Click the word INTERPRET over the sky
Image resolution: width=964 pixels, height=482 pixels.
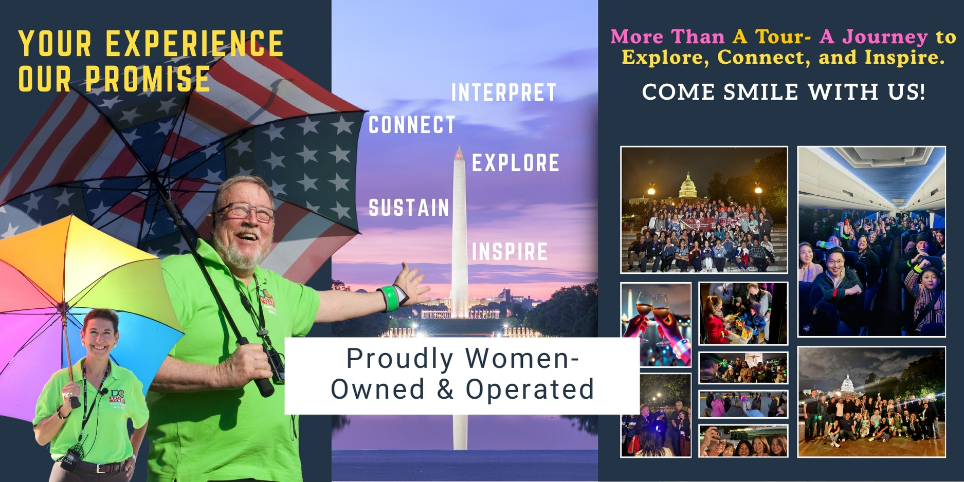point(504,93)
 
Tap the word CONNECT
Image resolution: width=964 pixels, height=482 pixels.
point(412,125)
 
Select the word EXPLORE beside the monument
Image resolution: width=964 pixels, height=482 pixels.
point(516,163)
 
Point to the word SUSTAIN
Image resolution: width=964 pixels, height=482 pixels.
point(409,208)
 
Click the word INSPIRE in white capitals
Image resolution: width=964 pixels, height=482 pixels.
point(510,251)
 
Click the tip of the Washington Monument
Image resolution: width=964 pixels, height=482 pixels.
point(459,146)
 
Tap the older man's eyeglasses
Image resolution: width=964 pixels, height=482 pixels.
point(246,211)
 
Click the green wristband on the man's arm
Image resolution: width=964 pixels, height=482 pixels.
point(391,299)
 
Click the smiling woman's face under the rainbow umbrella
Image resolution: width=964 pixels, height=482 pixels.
point(100,335)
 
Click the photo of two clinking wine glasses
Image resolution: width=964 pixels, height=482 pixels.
point(656,324)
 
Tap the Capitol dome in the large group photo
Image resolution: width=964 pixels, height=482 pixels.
point(688,186)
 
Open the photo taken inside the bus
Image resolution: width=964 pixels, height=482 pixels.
point(871,242)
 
